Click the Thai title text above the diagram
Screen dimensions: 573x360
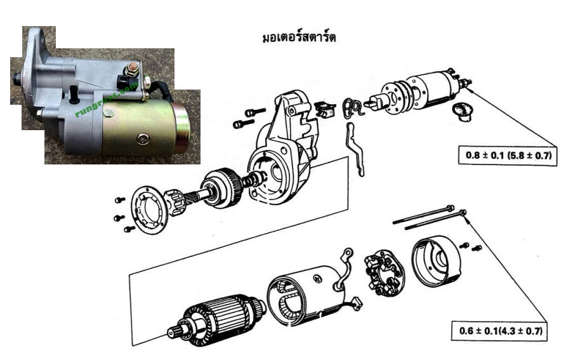299,37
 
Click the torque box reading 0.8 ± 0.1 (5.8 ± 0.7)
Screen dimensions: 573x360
508,155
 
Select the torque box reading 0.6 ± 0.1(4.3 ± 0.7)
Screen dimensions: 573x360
499,331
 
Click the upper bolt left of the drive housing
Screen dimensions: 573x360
254,111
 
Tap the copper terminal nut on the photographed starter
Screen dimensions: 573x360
134,67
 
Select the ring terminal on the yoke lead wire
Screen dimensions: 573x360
347,253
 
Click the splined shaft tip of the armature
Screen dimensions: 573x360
175,333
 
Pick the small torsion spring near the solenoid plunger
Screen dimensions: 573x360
352,106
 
